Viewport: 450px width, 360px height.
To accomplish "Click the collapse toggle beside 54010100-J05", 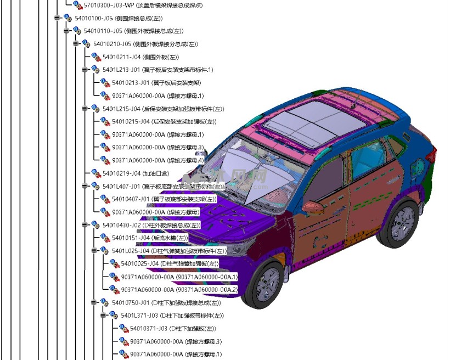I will [57, 18].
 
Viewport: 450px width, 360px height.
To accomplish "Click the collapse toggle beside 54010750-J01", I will [94, 302].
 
